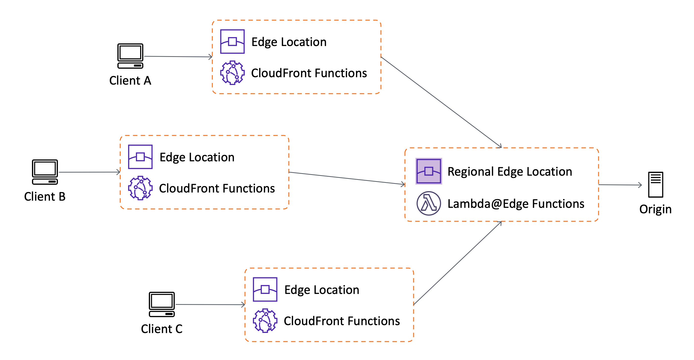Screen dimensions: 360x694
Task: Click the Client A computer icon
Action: point(130,56)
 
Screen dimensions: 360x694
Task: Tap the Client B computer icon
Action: point(45,172)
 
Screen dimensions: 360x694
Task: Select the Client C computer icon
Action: point(162,304)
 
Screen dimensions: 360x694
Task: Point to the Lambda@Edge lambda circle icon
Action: point(428,203)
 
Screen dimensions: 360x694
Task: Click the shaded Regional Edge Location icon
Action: point(428,171)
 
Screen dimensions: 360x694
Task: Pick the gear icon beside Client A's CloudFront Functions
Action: point(232,73)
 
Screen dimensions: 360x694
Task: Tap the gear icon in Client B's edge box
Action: point(140,188)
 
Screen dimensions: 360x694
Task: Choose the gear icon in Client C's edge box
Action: point(265,320)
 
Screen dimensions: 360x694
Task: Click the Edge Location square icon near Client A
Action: point(232,42)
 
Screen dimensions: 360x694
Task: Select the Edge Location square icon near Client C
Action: point(265,289)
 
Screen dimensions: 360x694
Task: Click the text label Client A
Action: point(130,80)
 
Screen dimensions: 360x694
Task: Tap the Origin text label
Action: point(655,209)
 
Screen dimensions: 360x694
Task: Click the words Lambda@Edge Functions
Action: point(516,204)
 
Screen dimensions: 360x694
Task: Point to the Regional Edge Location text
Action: point(510,171)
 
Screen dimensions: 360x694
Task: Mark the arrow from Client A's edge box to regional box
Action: point(441,102)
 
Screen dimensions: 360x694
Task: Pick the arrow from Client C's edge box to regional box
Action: point(458,263)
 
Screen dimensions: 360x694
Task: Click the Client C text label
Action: point(162,329)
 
